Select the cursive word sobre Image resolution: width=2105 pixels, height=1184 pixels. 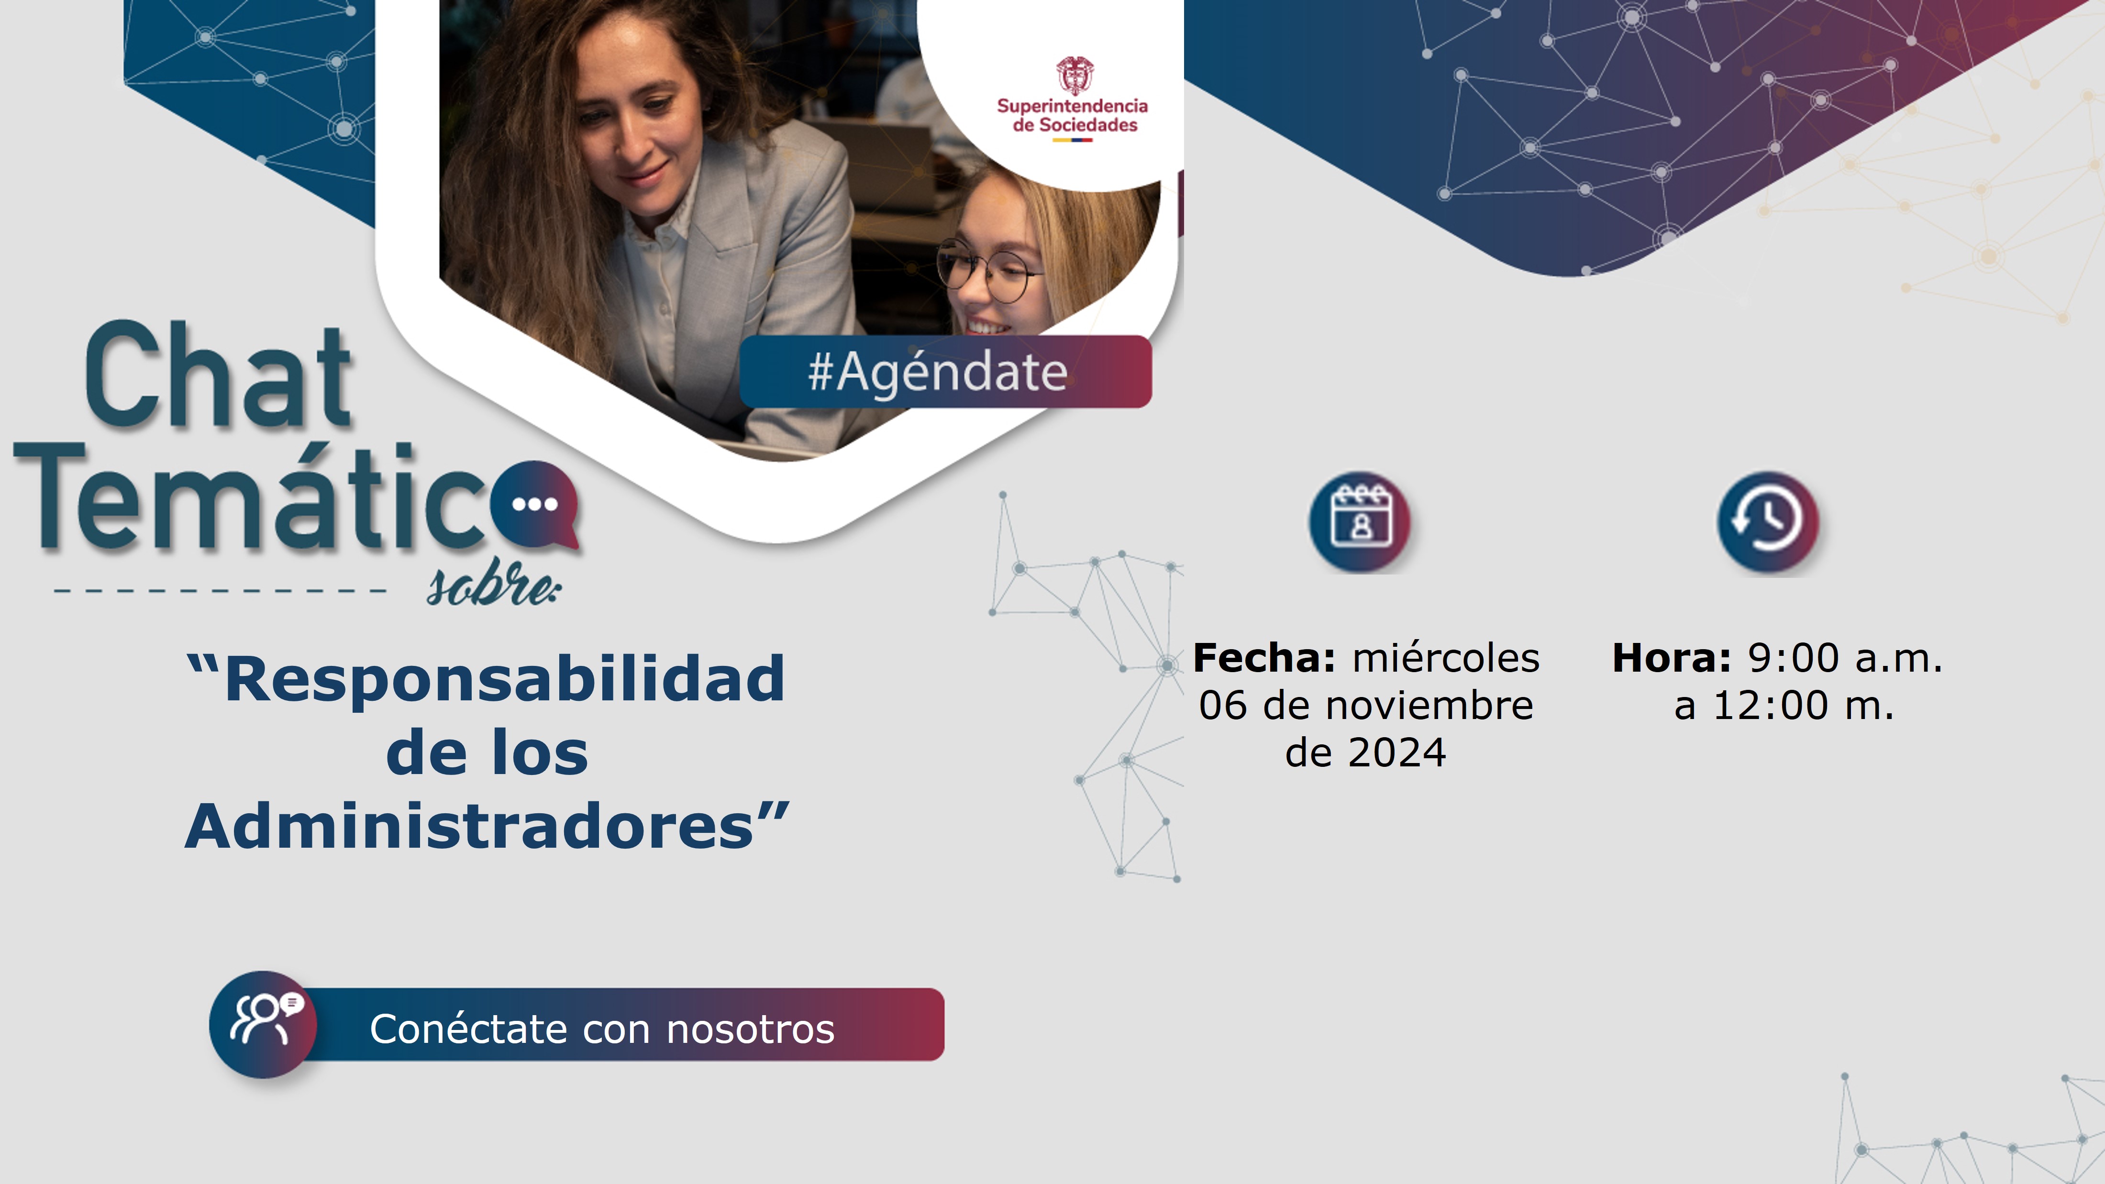(x=494, y=584)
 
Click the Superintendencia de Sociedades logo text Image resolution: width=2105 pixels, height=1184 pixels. (x=1072, y=115)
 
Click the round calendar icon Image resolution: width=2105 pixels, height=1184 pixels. (x=1361, y=521)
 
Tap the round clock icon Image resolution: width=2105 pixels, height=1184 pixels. (x=1768, y=521)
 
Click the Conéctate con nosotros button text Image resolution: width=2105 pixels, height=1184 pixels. (x=602, y=1029)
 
